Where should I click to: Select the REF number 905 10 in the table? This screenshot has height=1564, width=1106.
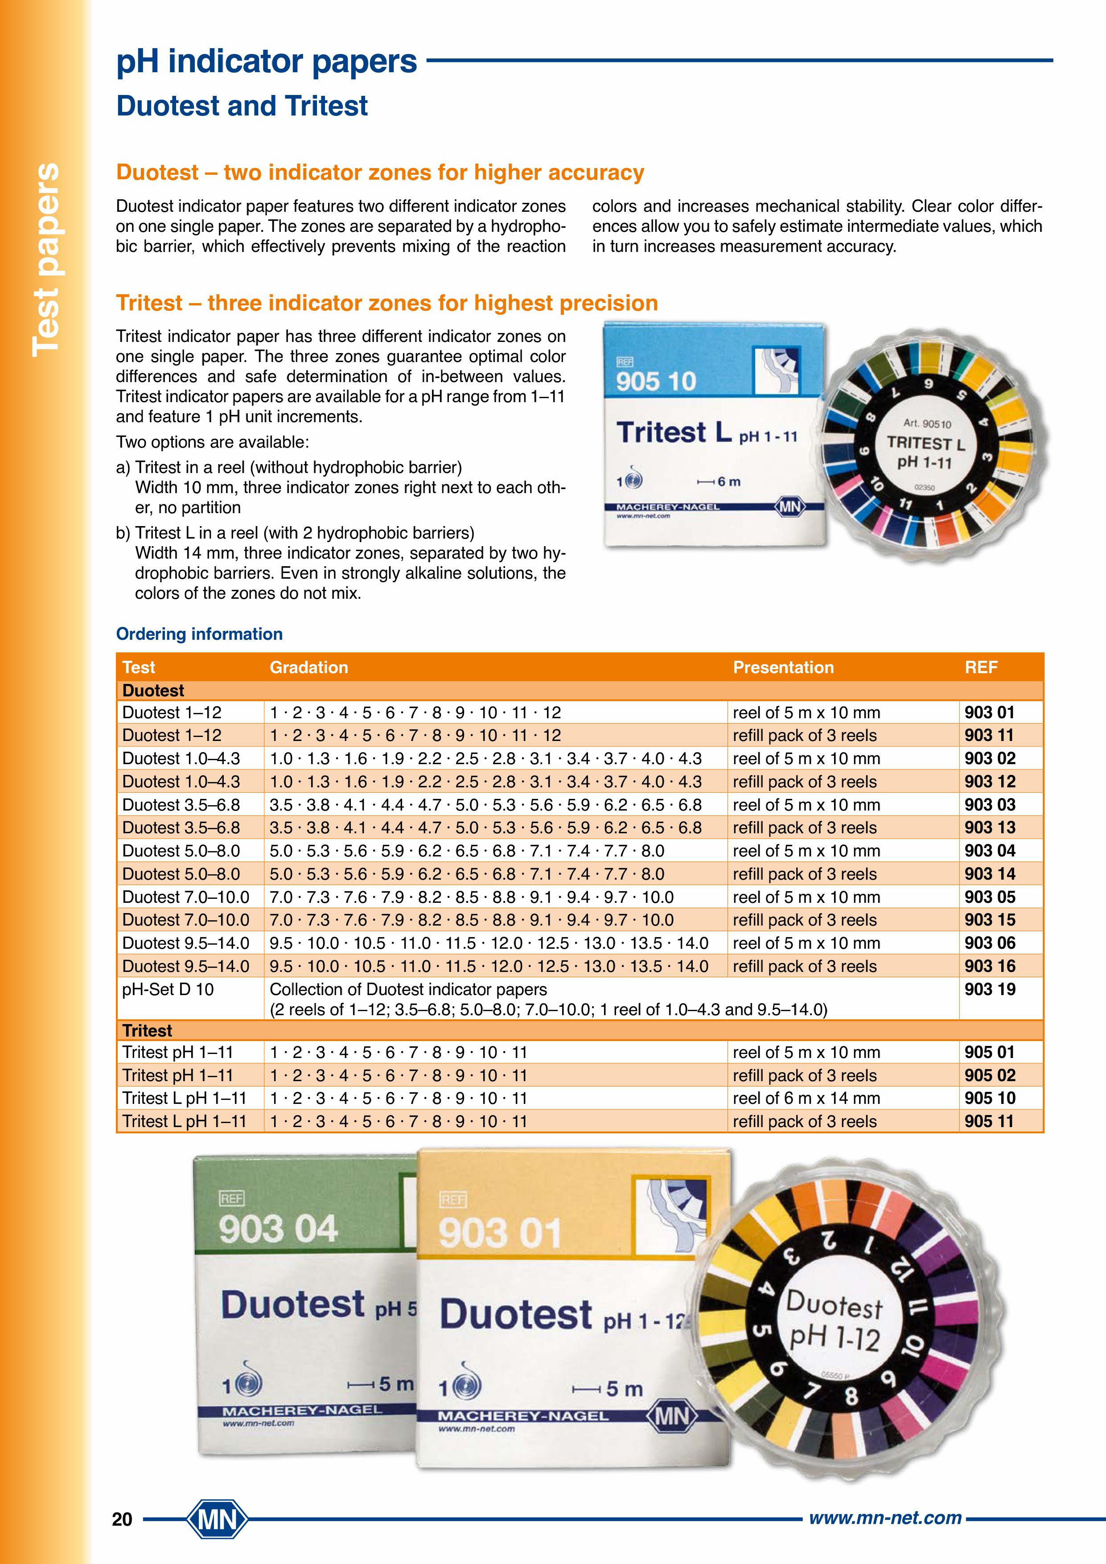tap(990, 1098)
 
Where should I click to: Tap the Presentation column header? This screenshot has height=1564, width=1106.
tap(783, 667)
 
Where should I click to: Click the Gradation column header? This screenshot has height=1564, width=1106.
tap(308, 667)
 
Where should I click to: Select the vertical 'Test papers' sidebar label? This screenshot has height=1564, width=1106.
tap(46, 259)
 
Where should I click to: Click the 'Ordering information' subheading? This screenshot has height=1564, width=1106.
tap(199, 634)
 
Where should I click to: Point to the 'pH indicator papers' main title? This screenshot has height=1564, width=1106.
tap(266, 62)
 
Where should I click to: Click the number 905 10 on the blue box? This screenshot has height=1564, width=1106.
tap(656, 381)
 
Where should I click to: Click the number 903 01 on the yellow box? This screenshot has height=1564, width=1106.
tap(500, 1233)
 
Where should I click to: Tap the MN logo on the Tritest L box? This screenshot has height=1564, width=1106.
tap(789, 507)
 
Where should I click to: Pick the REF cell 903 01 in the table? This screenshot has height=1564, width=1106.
tap(990, 712)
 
